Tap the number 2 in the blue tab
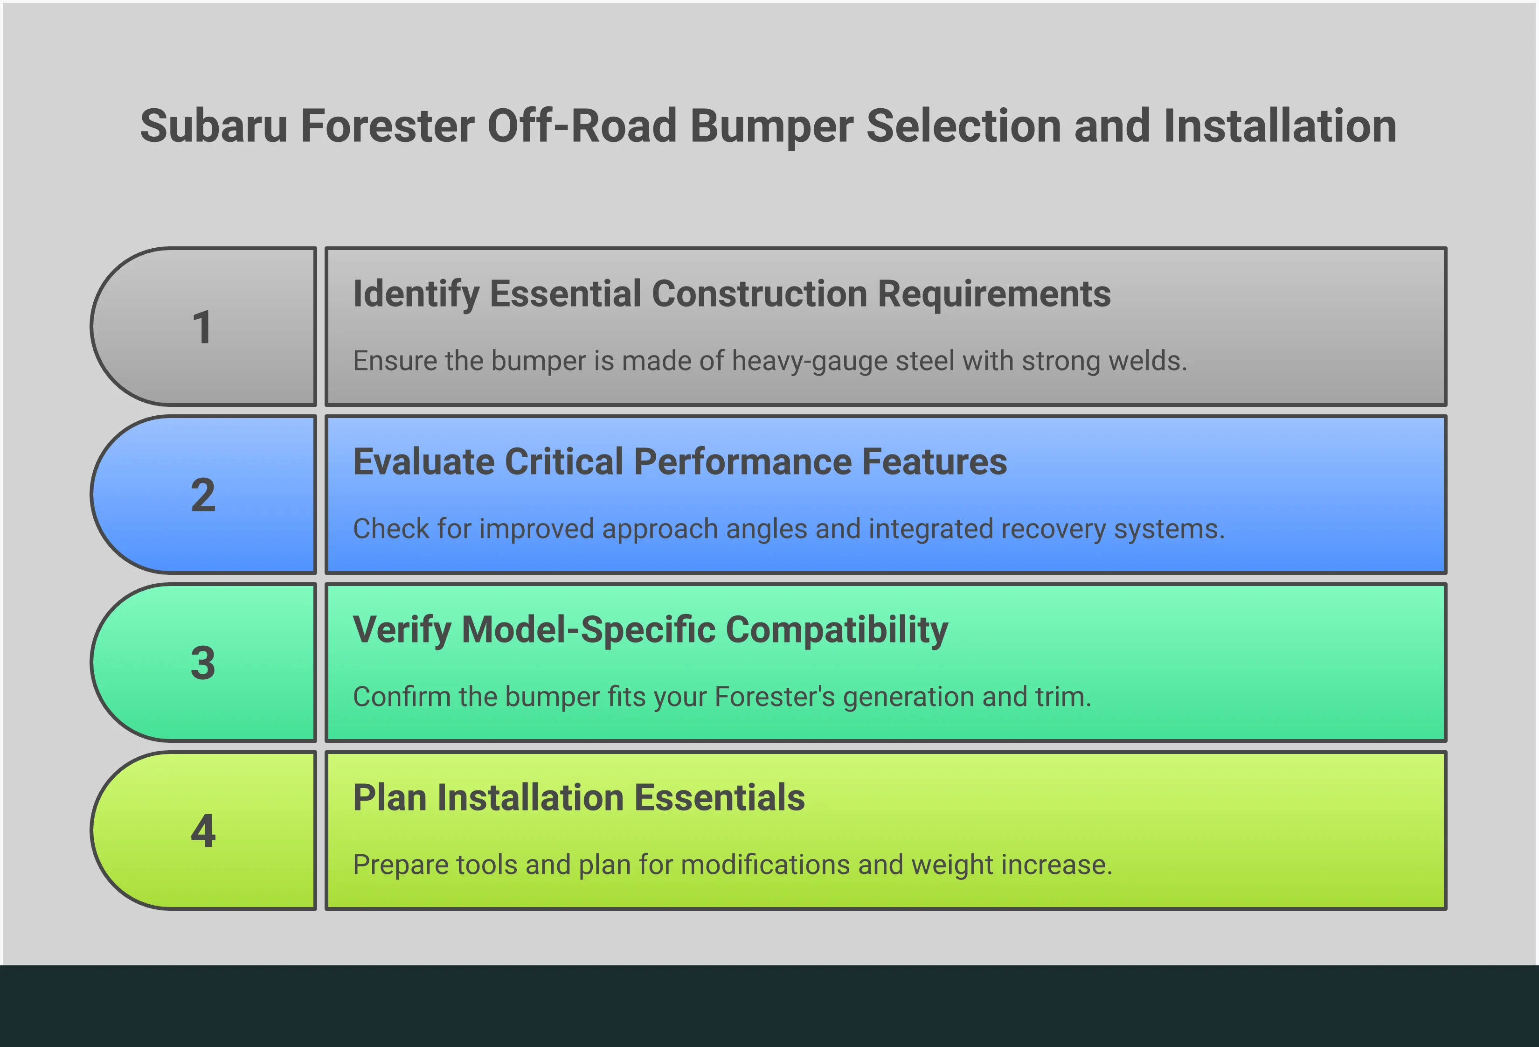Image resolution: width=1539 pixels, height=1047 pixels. (x=203, y=495)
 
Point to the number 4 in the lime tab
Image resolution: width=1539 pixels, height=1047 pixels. (x=203, y=831)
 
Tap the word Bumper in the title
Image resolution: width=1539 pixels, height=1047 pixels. (x=771, y=126)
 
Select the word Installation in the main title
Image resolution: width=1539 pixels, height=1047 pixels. (x=1279, y=126)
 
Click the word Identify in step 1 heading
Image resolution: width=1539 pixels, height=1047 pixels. (x=416, y=294)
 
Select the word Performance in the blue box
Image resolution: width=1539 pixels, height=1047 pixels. (x=742, y=462)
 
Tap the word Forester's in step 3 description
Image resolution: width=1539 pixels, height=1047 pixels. (x=774, y=697)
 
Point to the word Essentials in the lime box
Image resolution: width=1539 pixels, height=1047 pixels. (x=719, y=797)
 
